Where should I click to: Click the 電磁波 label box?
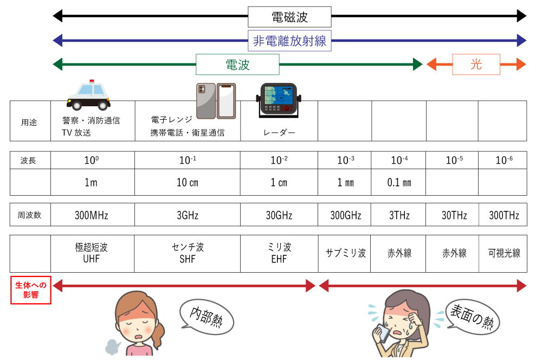click(x=289, y=17)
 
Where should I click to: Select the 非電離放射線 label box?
click(x=289, y=41)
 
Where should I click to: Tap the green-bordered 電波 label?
click(x=237, y=65)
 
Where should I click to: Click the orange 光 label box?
click(x=476, y=65)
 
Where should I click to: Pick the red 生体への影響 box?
click(x=31, y=290)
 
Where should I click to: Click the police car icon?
click(x=88, y=96)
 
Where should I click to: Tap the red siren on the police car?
click(x=92, y=81)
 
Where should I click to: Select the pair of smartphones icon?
click(x=216, y=101)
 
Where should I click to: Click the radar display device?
click(x=279, y=99)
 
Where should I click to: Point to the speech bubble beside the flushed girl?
click(x=207, y=317)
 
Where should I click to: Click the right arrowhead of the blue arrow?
click(x=521, y=41)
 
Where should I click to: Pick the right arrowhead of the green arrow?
click(x=417, y=65)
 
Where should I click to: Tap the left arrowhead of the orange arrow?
click(x=431, y=65)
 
